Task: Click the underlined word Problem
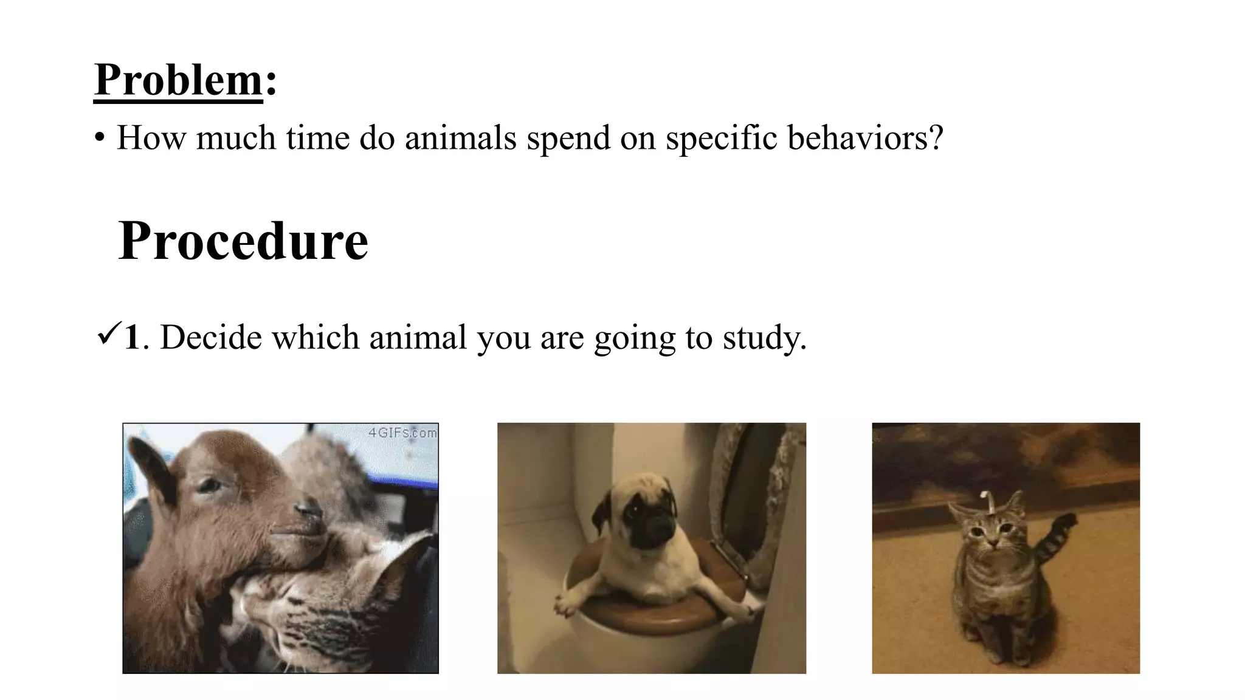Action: coord(178,80)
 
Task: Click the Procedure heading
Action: coord(243,241)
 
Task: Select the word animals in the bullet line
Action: coord(460,137)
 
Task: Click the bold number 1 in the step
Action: coord(132,337)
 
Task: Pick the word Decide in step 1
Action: coord(210,337)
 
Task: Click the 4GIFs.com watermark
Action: coord(402,433)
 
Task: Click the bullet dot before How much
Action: coord(100,138)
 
